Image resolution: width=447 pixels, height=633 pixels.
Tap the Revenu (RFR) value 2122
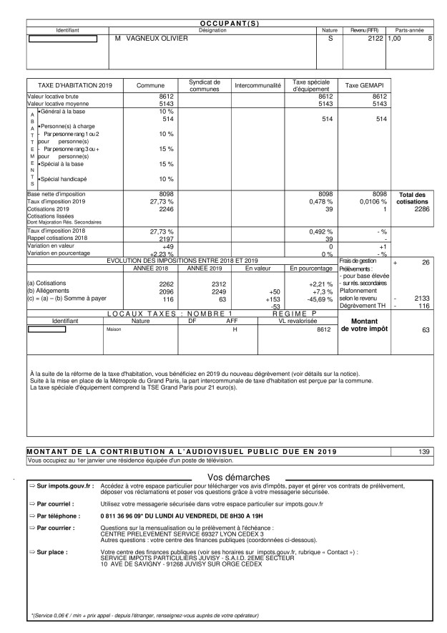click(x=373, y=38)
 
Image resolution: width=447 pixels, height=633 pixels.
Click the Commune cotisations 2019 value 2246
click(x=165, y=209)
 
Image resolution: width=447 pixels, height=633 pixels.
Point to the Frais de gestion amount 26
click(x=426, y=263)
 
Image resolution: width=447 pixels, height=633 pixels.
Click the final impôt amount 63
click(x=426, y=330)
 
